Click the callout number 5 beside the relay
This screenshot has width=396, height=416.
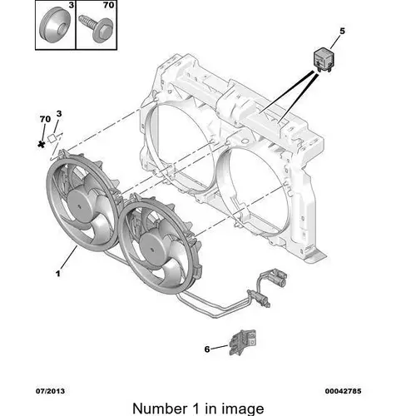click(x=342, y=31)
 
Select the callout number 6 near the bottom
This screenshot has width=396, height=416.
click(x=207, y=349)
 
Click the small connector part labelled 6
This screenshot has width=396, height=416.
click(x=242, y=342)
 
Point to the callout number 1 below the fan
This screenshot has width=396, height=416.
click(x=58, y=274)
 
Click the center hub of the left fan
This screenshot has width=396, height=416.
click(x=80, y=206)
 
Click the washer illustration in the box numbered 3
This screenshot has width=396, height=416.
click(x=54, y=26)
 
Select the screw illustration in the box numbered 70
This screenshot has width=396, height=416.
click(x=96, y=27)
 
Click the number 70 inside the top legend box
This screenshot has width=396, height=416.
click(x=108, y=5)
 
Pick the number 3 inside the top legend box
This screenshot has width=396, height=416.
click(x=72, y=5)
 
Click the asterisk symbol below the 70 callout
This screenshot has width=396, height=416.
click(x=42, y=144)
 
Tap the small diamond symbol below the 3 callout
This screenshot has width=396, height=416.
click(x=52, y=138)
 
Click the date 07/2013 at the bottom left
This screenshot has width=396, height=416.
click(x=50, y=391)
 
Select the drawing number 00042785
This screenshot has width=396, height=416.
click(x=343, y=391)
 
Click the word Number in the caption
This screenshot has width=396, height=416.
click(x=160, y=409)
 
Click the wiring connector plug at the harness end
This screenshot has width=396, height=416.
click(x=275, y=278)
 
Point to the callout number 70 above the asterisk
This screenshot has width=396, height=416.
click(x=45, y=119)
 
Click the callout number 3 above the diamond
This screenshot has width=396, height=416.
click(x=59, y=114)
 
